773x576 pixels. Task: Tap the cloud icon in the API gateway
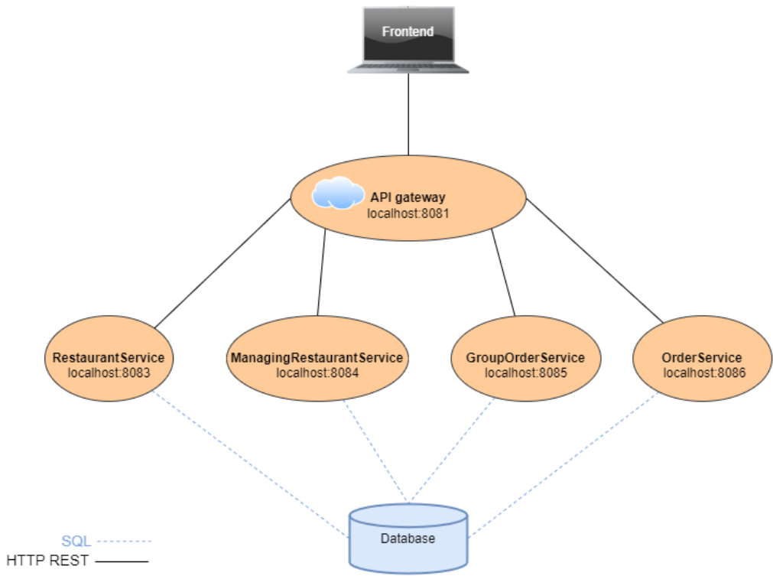pyautogui.click(x=337, y=193)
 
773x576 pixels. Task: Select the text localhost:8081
pyautogui.click(x=407, y=213)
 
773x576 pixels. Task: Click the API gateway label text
pyautogui.click(x=408, y=197)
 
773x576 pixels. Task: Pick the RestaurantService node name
pyautogui.click(x=108, y=357)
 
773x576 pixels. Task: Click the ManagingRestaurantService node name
pyautogui.click(x=317, y=357)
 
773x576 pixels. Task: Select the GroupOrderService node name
pyautogui.click(x=525, y=357)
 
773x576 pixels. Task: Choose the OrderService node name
pyautogui.click(x=701, y=357)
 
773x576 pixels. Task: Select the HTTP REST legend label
pyautogui.click(x=47, y=561)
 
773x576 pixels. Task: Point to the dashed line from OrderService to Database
pyautogui.click(x=562, y=467)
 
